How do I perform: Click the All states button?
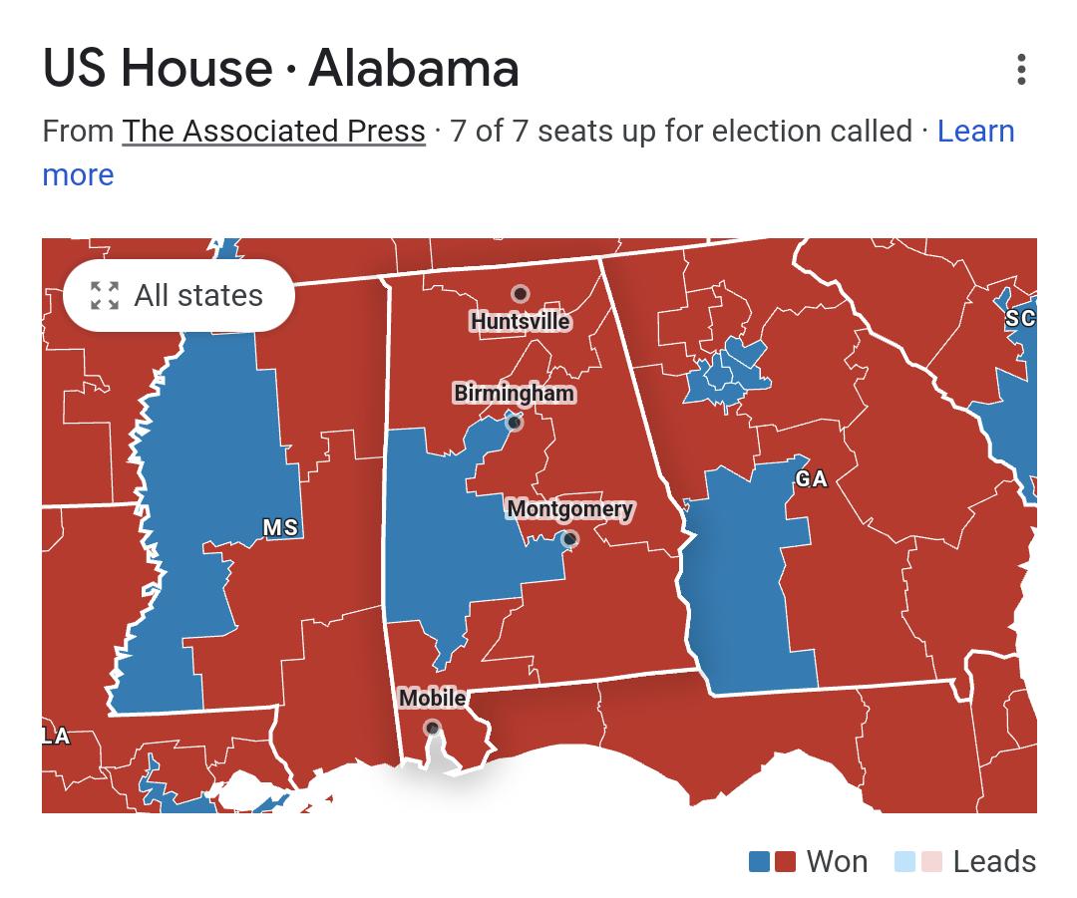click(179, 295)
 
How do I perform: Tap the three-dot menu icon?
click(1020, 70)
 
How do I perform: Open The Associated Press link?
click(273, 131)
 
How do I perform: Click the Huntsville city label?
click(520, 321)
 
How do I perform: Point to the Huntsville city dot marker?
click(520, 294)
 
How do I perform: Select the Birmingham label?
click(514, 393)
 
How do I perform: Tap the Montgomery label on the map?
click(569, 509)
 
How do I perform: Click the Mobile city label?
click(432, 698)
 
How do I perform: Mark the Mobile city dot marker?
click(432, 729)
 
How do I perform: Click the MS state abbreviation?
click(280, 527)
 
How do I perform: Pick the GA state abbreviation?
click(811, 479)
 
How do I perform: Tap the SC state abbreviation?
click(1019, 318)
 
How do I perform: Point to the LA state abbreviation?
click(56, 737)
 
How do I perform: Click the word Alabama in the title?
click(414, 68)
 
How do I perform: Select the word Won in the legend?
click(836, 861)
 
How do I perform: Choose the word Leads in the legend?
click(993, 861)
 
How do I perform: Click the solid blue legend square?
click(760, 861)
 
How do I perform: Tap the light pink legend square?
click(929, 861)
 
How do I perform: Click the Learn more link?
click(974, 131)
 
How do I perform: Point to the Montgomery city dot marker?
click(569, 539)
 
